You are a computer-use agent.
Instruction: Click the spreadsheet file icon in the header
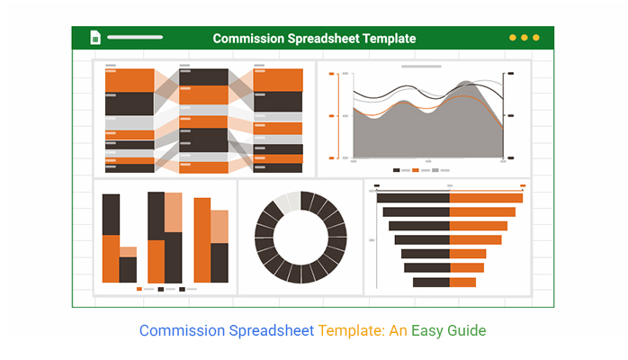pyautogui.click(x=95, y=38)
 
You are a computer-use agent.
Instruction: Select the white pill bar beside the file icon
pyautogui.click(x=135, y=37)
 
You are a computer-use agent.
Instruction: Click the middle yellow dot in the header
pyautogui.click(x=525, y=38)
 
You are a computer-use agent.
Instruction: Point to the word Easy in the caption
pyautogui.click(x=427, y=331)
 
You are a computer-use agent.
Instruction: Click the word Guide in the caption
pyautogui.click(x=467, y=330)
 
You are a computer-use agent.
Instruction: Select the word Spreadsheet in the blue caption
pyautogui.click(x=271, y=331)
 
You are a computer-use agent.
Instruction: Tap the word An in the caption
pyautogui.click(x=398, y=331)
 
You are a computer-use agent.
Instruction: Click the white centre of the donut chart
pyautogui.click(x=301, y=238)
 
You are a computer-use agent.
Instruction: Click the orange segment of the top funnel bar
pyautogui.click(x=486, y=198)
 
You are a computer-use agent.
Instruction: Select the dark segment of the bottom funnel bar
pyautogui.click(x=431, y=283)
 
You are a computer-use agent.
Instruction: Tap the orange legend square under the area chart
pyautogui.click(x=416, y=170)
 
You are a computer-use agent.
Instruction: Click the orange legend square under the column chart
pyautogui.click(x=139, y=289)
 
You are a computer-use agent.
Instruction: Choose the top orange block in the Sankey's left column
pyautogui.click(x=130, y=80)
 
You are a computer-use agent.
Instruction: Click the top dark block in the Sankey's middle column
pyautogui.click(x=203, y=76)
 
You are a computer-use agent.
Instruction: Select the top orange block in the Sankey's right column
pyautogui.click(x=278, y=80)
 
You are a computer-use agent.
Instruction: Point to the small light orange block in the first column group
pyautogui.click(x=128, y=252)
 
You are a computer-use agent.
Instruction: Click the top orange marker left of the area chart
pyautogui.click(x=331, y=74)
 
